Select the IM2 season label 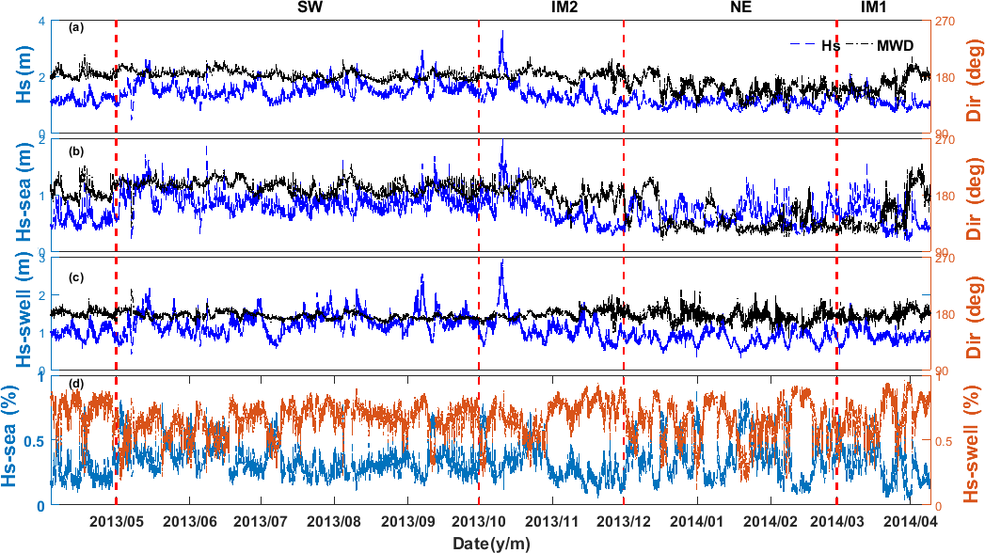point(564,8)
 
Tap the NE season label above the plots point(742,8)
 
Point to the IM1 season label point(878,8)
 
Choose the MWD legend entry point(895,44)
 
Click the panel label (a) point(76,27)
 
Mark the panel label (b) point(76,150)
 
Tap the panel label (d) point(76,383)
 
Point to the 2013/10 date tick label point(480,519)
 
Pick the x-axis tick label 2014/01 point(697,519)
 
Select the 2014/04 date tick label point(913,519)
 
